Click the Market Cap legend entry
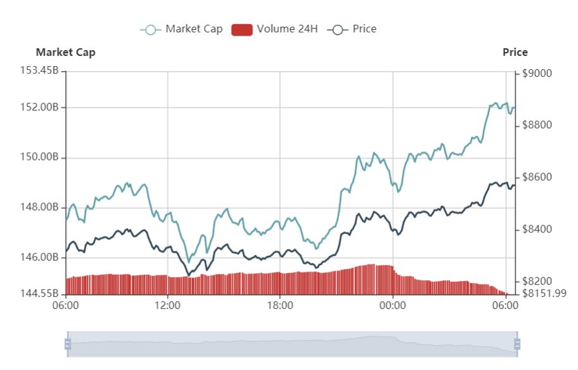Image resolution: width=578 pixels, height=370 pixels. point(182,29)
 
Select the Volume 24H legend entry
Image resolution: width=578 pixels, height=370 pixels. point(274,29)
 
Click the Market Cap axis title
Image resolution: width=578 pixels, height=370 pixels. point(65,53)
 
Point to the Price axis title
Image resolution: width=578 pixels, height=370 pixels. point(515,53)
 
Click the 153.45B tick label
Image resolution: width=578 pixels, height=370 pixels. point(39,70)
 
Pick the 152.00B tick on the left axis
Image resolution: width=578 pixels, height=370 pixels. point(39,107)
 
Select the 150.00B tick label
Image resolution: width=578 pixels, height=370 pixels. point(39,157)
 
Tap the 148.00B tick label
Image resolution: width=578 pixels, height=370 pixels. point(39,208)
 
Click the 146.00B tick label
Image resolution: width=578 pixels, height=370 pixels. point(39,258)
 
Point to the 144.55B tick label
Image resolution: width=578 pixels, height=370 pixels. point(39,294)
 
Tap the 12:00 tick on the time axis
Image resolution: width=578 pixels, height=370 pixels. point(167,305)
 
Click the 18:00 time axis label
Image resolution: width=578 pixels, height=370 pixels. point(280,305)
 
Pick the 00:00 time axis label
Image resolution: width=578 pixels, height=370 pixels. point(393,305)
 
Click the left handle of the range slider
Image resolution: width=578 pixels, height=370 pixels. point(68,344)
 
